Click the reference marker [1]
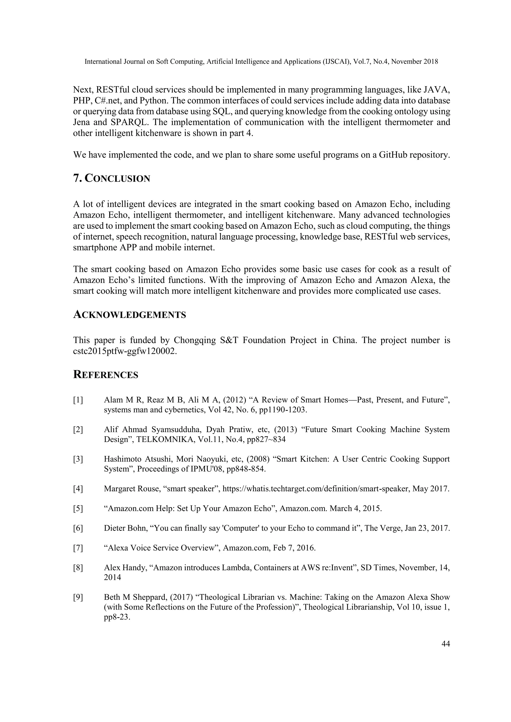point(78,400)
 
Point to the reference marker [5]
point(78,509)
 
